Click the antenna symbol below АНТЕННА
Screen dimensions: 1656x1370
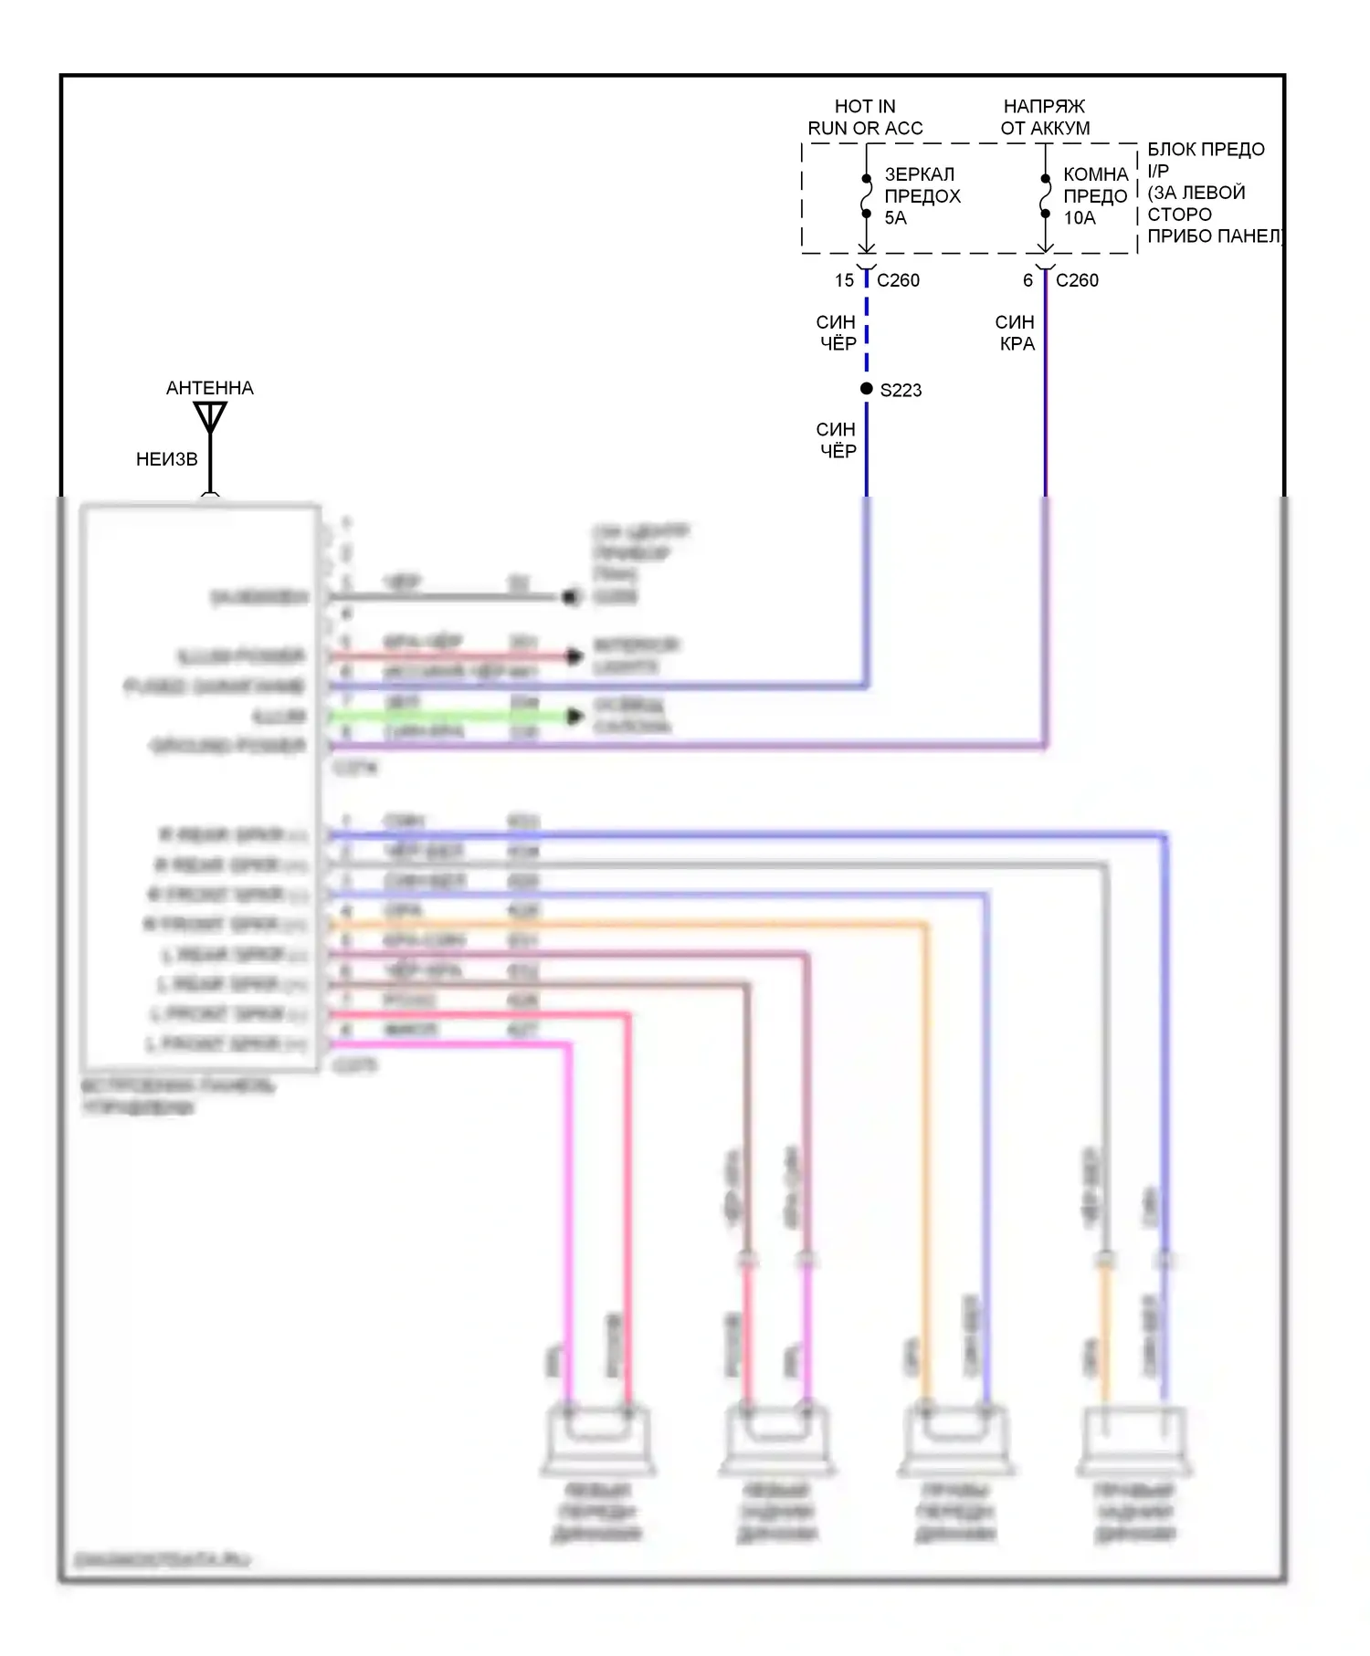pos(210,417)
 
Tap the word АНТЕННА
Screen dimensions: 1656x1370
pos(210,388)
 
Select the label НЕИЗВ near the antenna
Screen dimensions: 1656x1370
pos(166,459)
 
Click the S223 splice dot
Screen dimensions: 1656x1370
pos(867,389)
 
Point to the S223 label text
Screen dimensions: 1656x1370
pos(901,391)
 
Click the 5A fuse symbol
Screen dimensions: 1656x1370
pos(867,196)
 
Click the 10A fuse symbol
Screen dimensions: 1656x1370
pos(1046,196)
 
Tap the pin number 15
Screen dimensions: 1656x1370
pos(844,280)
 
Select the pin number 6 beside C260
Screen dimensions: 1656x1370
pos(1027,280)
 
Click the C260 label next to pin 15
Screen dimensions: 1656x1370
pos(898,280)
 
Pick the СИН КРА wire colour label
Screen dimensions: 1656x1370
pos(1016,333)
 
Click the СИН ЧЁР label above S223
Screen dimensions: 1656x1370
pos(837,333)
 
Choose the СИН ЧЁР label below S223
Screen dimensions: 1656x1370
pos(837,440)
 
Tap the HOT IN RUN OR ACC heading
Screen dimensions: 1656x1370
pos(865,118)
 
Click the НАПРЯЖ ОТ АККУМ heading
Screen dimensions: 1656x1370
pos(1045,118)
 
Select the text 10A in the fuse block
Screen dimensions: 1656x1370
pos(1080,218)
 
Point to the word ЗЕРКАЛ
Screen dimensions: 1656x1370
pos(919,174)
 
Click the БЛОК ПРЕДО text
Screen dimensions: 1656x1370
pos(1206,150)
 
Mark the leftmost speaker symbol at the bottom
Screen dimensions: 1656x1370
pos(598,1441)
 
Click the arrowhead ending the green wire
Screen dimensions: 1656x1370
pos(574,717)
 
